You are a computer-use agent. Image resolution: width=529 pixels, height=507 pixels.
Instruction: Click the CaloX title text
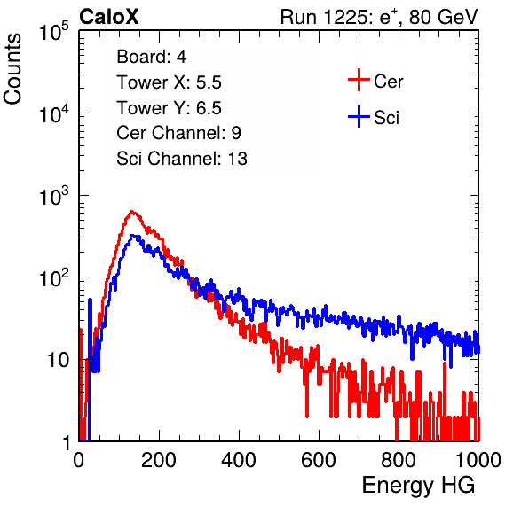(x=108, y=17)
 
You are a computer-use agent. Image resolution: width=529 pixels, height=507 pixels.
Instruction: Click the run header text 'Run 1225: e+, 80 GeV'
(x=379, y=17)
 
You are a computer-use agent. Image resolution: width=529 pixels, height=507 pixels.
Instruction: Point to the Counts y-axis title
(x=12, y=69)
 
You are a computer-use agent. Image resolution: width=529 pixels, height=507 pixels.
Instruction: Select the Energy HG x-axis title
(x=418, y=485)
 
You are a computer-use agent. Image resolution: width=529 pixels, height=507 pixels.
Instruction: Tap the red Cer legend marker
(x=359, y=80)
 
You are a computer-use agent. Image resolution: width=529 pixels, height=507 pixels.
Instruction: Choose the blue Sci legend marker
(x=359, y=116)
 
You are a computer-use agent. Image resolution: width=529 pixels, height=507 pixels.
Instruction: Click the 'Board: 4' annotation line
(x=152, y=57)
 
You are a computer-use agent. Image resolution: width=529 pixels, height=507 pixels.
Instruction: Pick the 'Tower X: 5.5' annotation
(x=169, y=82)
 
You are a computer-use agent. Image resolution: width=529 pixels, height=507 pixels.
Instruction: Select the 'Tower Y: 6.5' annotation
(x=169, y=108)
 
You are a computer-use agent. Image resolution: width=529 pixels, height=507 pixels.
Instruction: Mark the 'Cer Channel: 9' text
(x=178, y=133)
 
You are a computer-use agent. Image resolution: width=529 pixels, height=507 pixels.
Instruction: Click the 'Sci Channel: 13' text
(x=182, y=159)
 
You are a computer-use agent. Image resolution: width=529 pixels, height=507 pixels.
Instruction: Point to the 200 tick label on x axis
(x=159, y=460)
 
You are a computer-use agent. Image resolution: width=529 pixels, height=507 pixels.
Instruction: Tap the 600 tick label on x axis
(x=319, y=460)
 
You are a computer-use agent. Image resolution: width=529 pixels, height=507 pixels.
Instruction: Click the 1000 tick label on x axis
(x=478, y=460)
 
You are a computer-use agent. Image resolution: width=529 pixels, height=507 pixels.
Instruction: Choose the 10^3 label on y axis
(x=54, y=196)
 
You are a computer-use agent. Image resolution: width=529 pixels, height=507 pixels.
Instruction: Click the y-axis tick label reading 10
(x=58, y=360)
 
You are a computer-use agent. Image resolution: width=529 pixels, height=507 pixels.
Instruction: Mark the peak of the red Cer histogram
(x=132, y=212)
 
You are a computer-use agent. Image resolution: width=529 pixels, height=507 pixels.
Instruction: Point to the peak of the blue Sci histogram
(x=134, y=236)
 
